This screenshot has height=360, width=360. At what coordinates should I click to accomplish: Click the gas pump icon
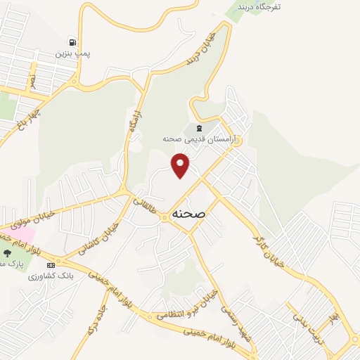point(72,41)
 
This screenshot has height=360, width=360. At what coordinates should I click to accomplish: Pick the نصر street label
point(31,82)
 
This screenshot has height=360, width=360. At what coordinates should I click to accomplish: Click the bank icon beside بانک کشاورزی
point(50,265)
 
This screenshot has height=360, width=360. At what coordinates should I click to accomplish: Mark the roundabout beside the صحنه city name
point(164,217)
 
